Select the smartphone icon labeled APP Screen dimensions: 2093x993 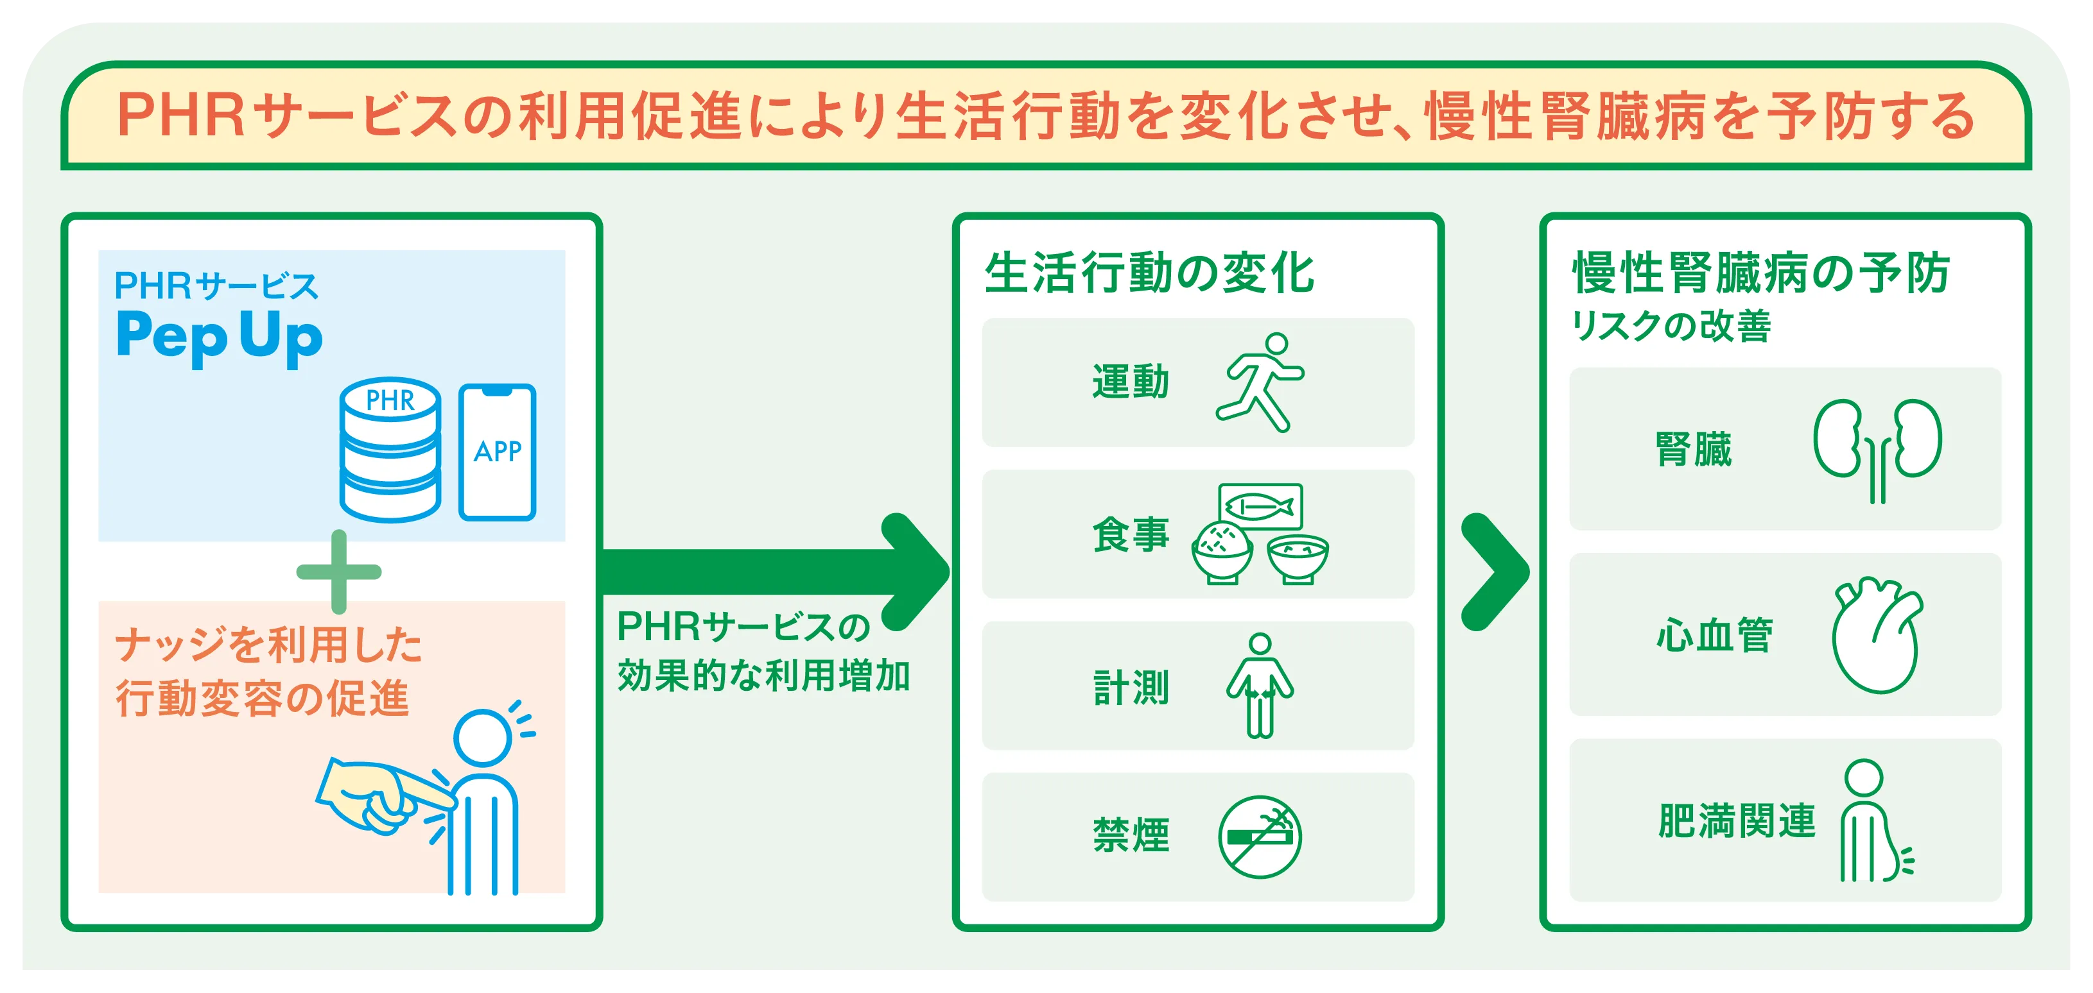click(498, 452)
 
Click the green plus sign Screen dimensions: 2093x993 click(339, 572)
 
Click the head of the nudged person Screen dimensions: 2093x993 click(483, 737)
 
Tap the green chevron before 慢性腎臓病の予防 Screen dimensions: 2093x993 click(1495, 572)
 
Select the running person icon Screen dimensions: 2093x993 click(1260, 382)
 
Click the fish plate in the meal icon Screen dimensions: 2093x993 click(1260, 507)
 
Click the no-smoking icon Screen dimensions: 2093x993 click(1260, 836)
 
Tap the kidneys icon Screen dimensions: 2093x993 click(1878, 450)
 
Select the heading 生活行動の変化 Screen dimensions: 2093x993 click(1149, 273)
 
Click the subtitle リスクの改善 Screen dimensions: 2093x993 click(1671, 327)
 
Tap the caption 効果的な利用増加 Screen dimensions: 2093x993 click(764, 675)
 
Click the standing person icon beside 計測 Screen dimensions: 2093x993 click(1260, 685)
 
